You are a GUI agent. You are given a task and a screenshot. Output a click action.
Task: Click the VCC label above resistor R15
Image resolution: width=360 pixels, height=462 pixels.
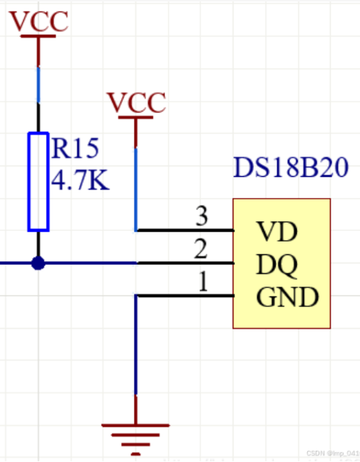point(39,22)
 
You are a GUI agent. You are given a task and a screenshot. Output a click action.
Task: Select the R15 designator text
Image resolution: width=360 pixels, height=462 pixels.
point(75,149)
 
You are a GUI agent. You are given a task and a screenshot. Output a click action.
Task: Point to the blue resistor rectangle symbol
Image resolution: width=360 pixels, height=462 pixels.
point(38,181)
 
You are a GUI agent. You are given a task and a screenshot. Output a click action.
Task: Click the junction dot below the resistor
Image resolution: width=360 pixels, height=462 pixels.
point(38,263)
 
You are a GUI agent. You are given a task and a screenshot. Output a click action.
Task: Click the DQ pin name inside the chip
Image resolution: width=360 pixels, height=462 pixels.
point(276,264)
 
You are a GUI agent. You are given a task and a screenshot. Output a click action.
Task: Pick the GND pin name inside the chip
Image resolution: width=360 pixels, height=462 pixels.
point(287,298)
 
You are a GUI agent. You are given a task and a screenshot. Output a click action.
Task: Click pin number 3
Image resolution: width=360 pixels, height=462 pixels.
point(201,217)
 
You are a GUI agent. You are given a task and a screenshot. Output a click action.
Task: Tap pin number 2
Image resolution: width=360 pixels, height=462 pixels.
point(200,249)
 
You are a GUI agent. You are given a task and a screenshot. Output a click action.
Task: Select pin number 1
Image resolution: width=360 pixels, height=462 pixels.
point(201,282)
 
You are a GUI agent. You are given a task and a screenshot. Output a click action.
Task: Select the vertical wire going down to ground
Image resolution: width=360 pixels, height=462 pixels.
point(136,346)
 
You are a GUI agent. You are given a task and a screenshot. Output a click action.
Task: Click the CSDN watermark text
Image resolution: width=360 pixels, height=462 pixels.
point(332,454)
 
